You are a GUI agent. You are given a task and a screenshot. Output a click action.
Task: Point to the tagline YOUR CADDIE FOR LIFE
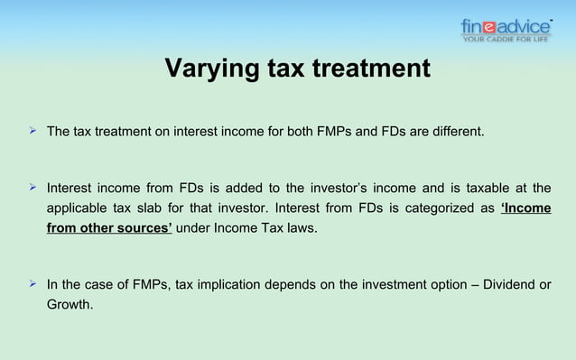pos(506,39)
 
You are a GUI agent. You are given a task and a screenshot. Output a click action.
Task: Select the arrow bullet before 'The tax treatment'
pos(33,132)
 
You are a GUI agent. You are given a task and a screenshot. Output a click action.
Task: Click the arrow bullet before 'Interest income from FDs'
pos(33,188)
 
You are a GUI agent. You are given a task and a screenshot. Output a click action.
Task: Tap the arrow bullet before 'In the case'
pos(33,285)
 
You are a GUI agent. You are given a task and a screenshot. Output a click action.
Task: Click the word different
pos(457,133)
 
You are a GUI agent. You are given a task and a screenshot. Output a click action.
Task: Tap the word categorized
pos(439,208)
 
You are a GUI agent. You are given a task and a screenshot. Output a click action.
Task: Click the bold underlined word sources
pos(144,227)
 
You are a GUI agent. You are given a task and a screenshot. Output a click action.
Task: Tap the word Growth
pos(70,305)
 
